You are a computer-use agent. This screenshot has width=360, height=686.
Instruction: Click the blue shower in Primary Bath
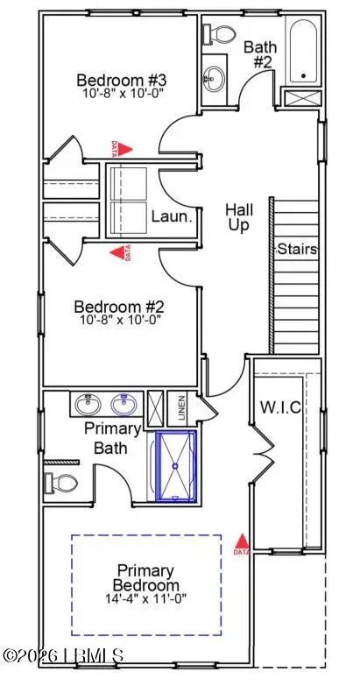[x=178, y=466]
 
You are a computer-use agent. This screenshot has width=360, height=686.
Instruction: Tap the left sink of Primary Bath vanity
[x=87, y=406]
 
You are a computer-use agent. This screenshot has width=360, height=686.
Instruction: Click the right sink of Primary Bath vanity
[x=124, y=406]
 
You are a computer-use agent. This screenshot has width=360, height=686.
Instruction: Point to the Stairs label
[x=297, y=249]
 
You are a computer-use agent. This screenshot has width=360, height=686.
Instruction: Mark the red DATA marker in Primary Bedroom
[x=243, y=545]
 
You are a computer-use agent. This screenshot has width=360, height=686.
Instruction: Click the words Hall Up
[x=240, y=217]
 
